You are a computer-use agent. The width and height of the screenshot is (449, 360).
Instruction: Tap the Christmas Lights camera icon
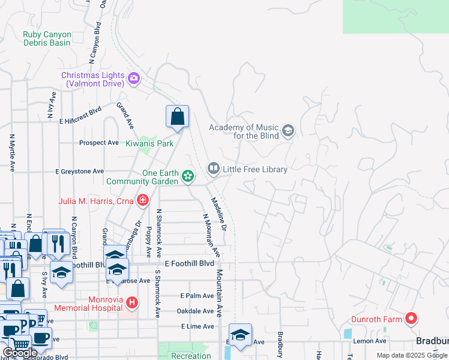click(x=133, y=77)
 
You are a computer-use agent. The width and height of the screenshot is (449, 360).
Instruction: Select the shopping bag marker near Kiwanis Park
click(x=177, y=117)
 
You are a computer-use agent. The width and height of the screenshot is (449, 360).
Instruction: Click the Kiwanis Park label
click(x=149, y=143)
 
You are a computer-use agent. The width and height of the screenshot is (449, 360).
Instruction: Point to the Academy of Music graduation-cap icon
click(x=288, y=131)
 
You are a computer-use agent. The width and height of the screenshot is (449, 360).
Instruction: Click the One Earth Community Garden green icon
click(x=188, y=176)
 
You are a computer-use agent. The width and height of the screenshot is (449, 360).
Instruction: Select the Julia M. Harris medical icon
click(x=142, y=200)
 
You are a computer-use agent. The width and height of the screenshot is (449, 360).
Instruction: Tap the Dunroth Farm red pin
click(x=411, y=319)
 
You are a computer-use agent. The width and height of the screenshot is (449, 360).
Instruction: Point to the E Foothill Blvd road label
click(x=190, y=264)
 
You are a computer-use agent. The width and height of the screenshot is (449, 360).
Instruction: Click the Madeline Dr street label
click(x=219, y=215)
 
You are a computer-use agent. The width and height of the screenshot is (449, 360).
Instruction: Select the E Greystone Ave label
click(x=81, y=172)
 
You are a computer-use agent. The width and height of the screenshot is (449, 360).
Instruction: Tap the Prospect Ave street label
click(x=99, y=143)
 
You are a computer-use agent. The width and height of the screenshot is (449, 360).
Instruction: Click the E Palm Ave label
click(x=197, y=296)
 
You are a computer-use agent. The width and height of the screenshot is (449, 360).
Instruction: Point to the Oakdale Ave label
click(x=195, y=311)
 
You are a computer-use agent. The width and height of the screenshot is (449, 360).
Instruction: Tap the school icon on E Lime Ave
click(x=240, y=335)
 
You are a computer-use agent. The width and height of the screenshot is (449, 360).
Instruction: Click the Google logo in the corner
click(x=20, y=353)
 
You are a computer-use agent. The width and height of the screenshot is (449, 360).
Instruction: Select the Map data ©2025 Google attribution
click(x=412, y=356)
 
